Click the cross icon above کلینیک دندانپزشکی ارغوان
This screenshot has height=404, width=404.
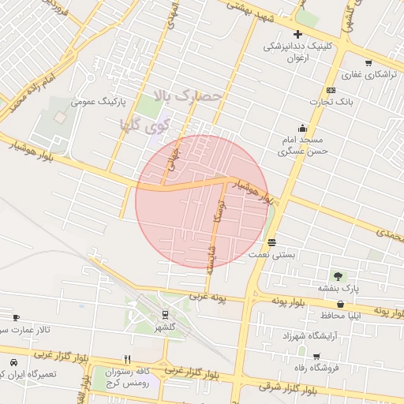click(x=297, y=34)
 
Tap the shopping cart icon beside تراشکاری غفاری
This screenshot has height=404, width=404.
click(x=368, y=62)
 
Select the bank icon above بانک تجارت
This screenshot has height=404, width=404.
click(x=330, y=90)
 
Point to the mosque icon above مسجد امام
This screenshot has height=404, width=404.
click(x=302, y=128)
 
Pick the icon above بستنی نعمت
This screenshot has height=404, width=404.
click(x=272, y=242)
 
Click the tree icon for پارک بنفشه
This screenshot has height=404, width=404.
click(x=339, y=276)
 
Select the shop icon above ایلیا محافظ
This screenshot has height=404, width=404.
click(x=341, y=304)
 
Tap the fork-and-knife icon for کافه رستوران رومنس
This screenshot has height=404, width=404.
click(x=127, y=359)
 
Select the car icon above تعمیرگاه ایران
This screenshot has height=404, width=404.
click(x=13, y=362)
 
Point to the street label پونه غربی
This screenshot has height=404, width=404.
click(x=208, y=297)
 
